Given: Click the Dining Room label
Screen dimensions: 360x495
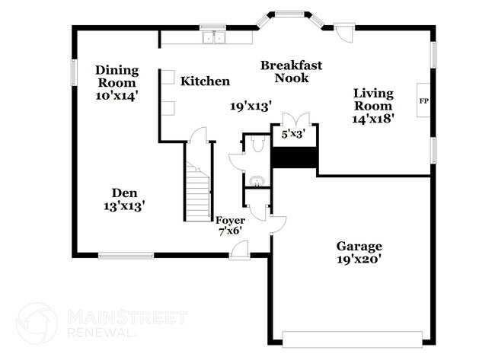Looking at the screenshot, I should pos(117,76).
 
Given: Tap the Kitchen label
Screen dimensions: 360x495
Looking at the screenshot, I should pos(205,81).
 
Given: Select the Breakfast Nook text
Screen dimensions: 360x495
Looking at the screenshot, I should pos(291,72).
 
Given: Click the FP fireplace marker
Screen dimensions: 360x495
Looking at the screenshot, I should pos(423,100).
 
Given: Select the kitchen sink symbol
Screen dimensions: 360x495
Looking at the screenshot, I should pos(212,35).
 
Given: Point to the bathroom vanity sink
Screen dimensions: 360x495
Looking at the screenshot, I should pos(256,181).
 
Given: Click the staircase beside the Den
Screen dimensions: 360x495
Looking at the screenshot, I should pos(199,190).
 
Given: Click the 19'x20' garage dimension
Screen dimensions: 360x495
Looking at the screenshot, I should pos(359,260).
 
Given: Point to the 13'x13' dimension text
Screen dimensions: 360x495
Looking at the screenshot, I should pos(123,205).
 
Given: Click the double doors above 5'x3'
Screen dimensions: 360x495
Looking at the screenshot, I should pos(294,121).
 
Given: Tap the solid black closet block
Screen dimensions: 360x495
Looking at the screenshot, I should pos(294,159).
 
